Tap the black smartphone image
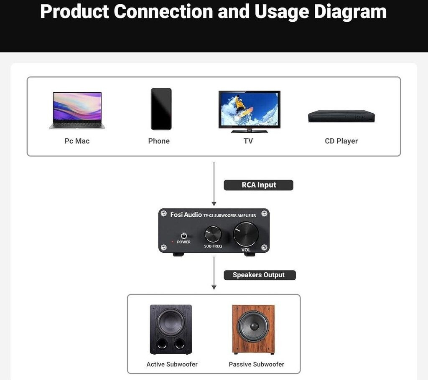pyautogui.click(x=161, y=109)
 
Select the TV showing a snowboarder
pyautogui.click(x=249, y=111)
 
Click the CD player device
pyautogui.click(x=341, y=116)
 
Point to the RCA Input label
pyautogui.click(x=259, y=185)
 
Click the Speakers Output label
pyautogui.click(x=259, y=275)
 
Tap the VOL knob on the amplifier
pyautogui.click(x=246, y=234)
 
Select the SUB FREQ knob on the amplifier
pyautogui.click(x=213, y=234)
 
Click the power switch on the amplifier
pyautogui.click(x=183, y=236)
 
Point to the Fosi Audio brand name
pyautogui.click(x=186, y=215)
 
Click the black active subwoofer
pyautogui.click(x=171, y=329)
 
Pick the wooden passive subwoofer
pyautogui.click(x=253, y=329)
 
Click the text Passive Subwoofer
pyautogui.click(x=256, y=364)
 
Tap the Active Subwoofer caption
pyautogui.click(x=172, y=364)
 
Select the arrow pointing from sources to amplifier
pyautogui.click(x=214, y=184)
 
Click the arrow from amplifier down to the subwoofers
pyautogui.click(x=214, y=273)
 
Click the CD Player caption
pyautogui.click(x=341, y=141)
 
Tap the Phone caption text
pyautogui.click(x=159, y=141)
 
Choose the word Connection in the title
pyautogui.click(x=163, y=12)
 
